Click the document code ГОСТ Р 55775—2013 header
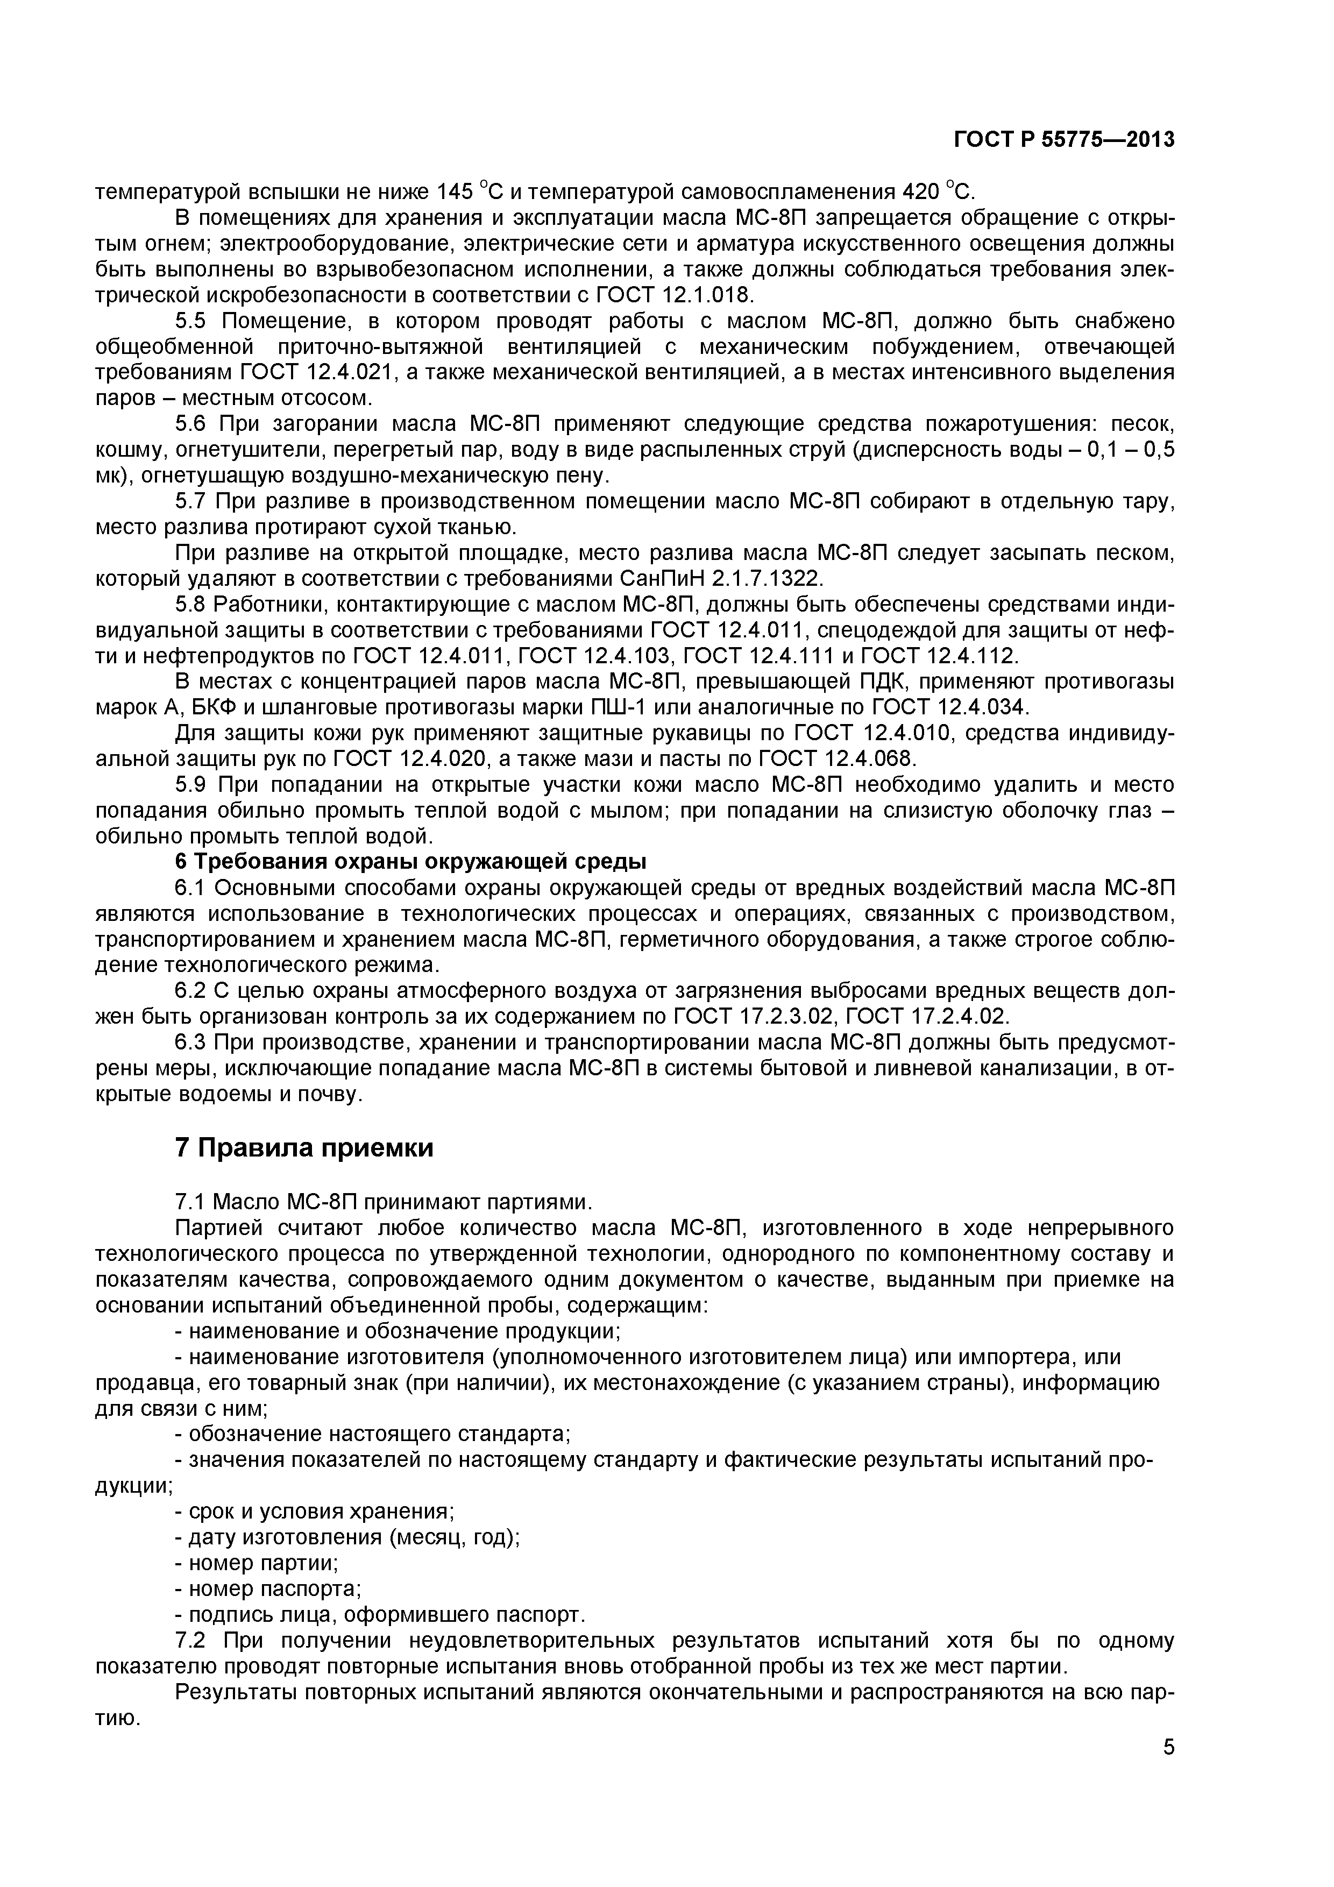tap(1063, 140)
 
